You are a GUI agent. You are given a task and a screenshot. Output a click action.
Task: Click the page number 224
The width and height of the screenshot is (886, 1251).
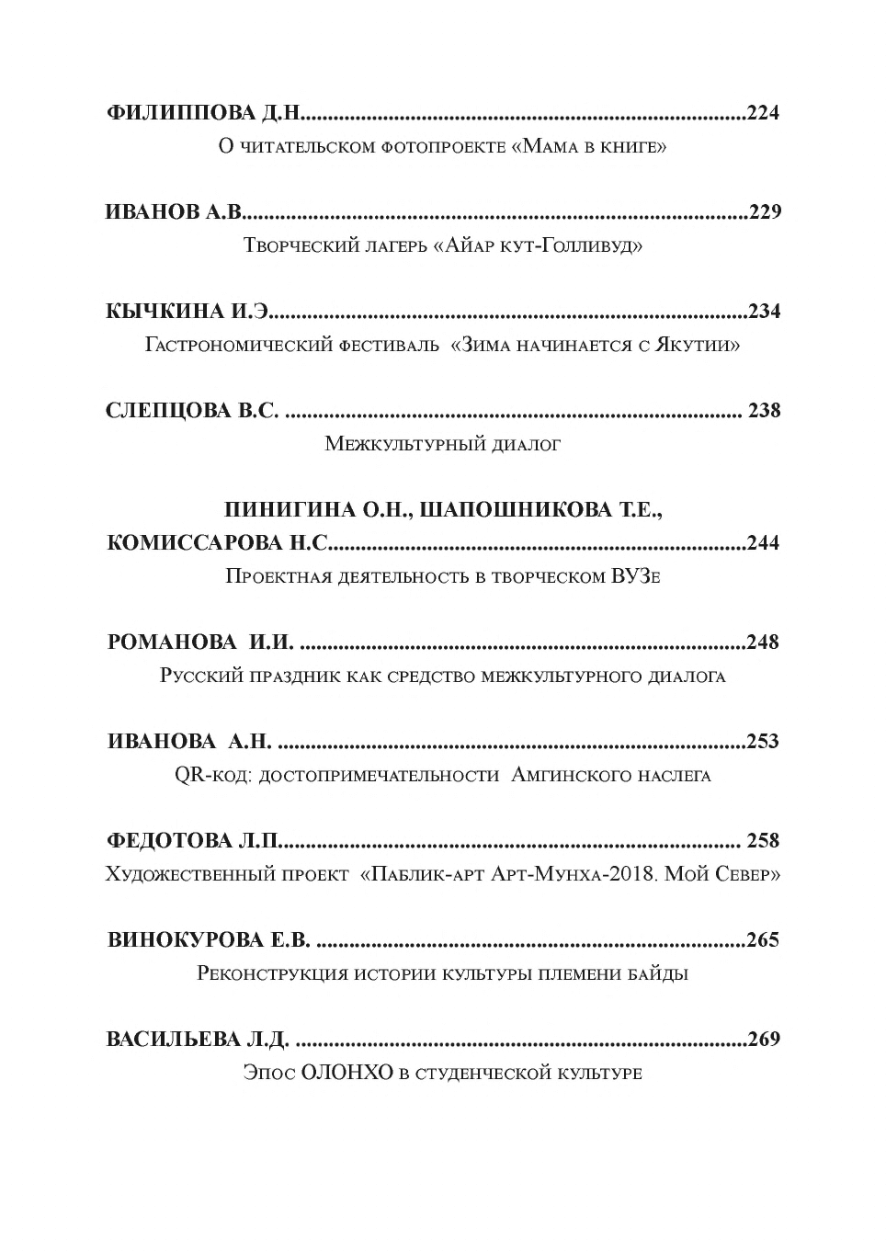pyautogui.click(x=763, y=113)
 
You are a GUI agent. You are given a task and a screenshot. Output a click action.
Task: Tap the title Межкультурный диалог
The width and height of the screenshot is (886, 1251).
pyautogui.click(x=442, y=445)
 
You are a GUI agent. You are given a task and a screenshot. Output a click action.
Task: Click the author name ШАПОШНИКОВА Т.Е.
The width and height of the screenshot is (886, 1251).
pyautogui.click(x=541, y=510)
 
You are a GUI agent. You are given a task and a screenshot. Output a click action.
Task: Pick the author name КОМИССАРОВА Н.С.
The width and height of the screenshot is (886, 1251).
pyautogui.click(x=217, y=543)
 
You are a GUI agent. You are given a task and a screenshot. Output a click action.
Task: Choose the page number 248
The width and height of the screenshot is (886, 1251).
pyautogui.click(x=763, y=643)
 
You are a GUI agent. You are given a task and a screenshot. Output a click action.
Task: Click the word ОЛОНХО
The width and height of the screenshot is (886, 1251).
pyautogui.click(x=345, y=1073)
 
